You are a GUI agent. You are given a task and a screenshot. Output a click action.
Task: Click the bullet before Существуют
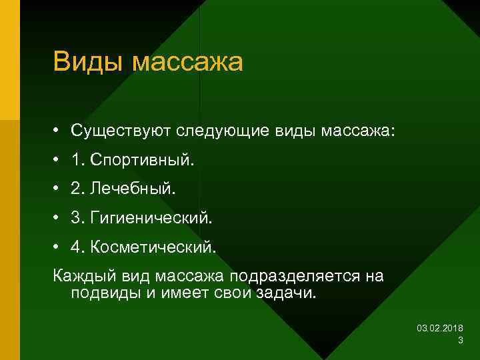[x=59, y=131]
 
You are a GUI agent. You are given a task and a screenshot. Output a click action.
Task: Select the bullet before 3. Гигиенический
[x=59, y=218]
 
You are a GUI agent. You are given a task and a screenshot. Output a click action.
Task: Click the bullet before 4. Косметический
[x=59, y=247]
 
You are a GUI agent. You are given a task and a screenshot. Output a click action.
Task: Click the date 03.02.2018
[x=440, y=329]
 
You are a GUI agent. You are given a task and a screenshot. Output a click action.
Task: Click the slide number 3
[x=461, y=341]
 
